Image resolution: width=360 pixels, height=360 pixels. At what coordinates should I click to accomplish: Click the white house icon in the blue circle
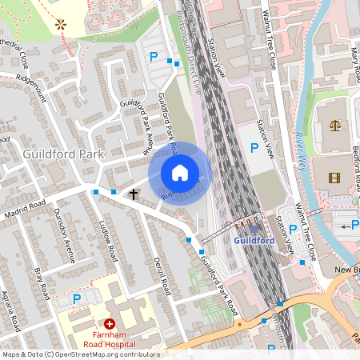tap(180, 173)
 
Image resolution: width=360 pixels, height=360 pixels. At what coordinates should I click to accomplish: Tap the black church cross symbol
tap(134, 194)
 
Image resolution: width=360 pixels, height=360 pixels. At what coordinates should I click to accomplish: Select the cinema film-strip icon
tap(334, 178)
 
